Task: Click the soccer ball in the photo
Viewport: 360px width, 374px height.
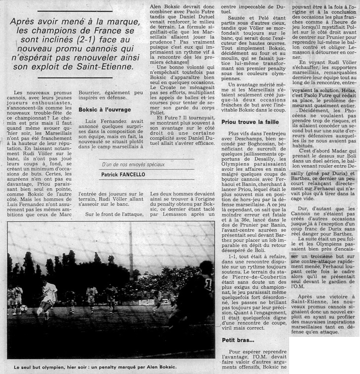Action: (23, 308)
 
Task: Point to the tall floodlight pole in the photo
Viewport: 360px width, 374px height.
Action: (131, 258)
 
